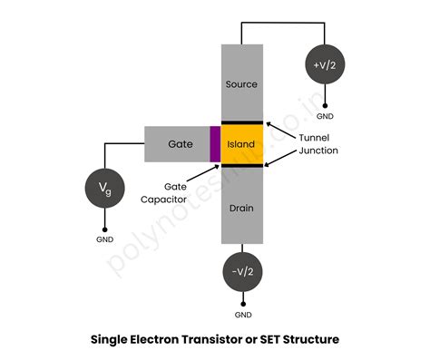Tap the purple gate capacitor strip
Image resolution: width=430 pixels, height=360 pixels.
click(215, 143)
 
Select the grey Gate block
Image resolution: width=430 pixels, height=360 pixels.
click(177, 143)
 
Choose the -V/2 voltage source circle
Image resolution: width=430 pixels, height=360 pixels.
click(242, 270)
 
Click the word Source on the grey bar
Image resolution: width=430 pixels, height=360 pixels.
click(242, 84)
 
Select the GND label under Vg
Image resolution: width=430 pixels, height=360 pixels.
click(105, 239)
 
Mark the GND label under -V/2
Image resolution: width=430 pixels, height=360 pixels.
click(242, 314)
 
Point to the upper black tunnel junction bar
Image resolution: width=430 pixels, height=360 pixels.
click(242, 122)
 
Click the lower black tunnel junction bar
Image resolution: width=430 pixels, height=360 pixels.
click(242, 165)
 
